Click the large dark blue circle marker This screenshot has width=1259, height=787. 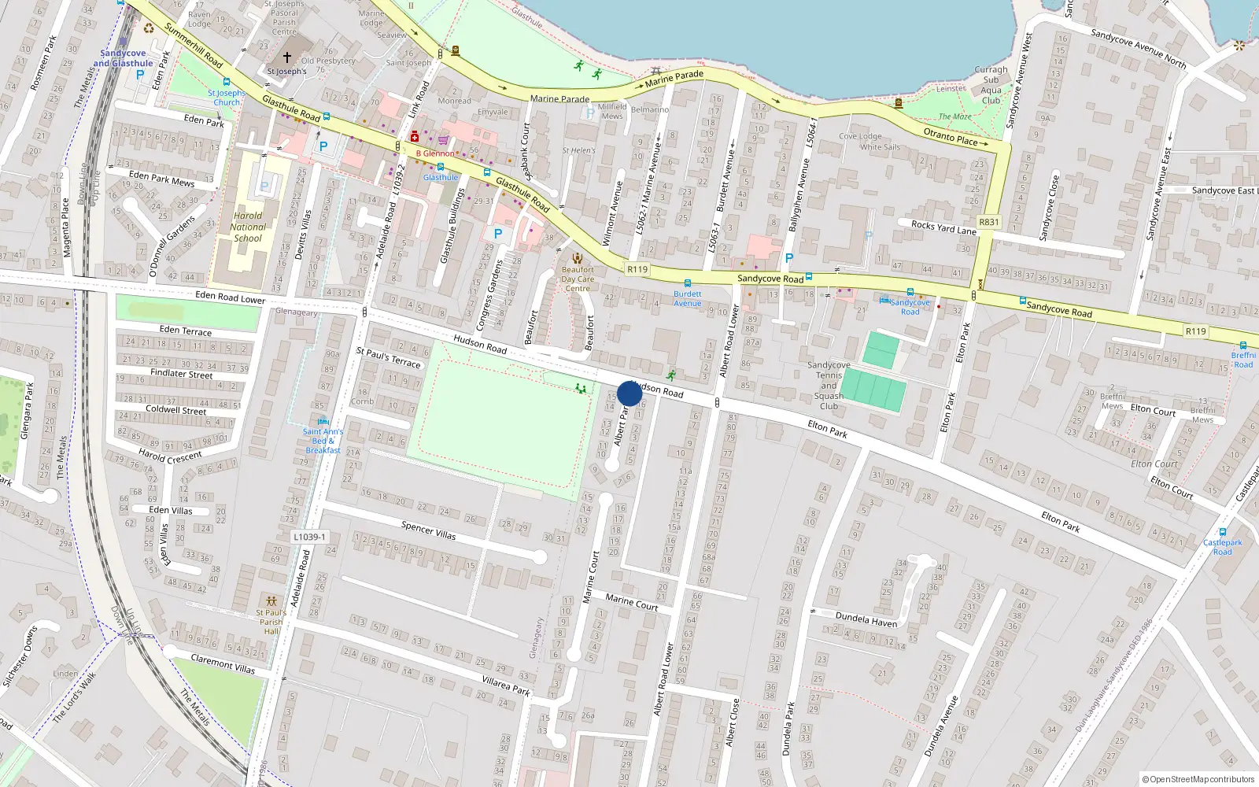click(x=629, y=393)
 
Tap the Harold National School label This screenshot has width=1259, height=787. click(x=248, y=227)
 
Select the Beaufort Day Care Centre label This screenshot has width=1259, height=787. click(x=578, y=279)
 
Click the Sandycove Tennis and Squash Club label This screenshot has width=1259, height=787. click(x=829, y=386)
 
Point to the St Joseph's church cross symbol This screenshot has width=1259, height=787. click(x=287, y=57)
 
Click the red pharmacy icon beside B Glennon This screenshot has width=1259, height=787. click(x=415, y=138)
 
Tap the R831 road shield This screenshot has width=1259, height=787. click(x=989, y=222)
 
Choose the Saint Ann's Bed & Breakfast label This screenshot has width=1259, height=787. click(x=323, y=441)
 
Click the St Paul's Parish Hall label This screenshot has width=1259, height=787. click(x=271, y=621)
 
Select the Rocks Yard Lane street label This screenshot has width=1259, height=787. click(x=943, y=227)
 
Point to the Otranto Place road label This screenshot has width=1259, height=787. click(x=951, y=138)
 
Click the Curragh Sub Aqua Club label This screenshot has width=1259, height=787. click(x=991, y=85)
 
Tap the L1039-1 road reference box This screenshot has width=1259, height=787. click(x=309, y=537)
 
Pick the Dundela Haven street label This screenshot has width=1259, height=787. click(x=866, y=620)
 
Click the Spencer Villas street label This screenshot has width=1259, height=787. click(x=428, y=530)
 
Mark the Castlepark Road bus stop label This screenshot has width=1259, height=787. click(x=1223, y=547)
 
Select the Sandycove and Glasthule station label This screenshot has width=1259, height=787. click(x=123, y=58)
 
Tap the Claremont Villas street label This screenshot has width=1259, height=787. click(x=223, y=664)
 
